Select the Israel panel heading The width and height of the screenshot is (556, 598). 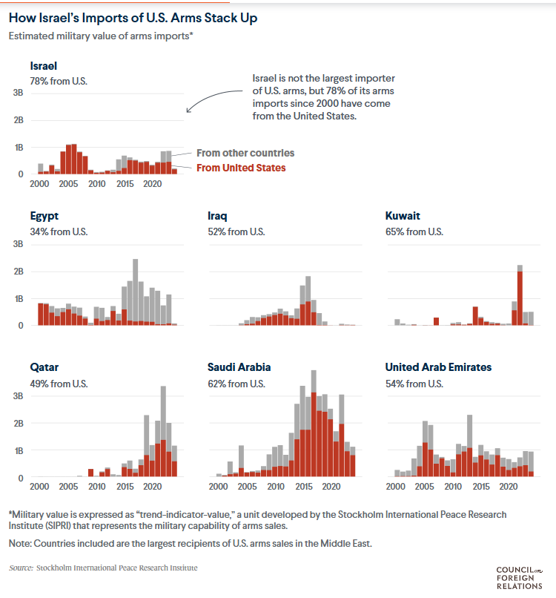click(43, 65)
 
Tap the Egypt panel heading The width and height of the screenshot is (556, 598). click(44, 217)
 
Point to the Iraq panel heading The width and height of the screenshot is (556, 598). click(217, 217)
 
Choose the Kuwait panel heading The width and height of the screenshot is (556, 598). click(403, 217)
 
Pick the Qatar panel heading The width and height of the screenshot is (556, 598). click(44, 367)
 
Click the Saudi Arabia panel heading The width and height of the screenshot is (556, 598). click(239, 367)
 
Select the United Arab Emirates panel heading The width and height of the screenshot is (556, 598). click(438, 367)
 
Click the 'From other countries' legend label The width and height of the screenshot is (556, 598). click(245, 153)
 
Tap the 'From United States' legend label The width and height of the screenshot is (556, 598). click(241, 168)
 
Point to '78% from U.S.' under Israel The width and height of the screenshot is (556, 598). click(59, 80)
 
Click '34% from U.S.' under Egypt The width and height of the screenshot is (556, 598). click(59, 231)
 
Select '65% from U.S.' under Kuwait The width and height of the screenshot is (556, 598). click(414, 231)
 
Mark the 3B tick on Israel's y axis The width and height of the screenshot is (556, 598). click(17, 93)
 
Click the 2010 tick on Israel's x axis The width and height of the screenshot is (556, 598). click(96, 184)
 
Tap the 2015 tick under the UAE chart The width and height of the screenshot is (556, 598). click(480, 487)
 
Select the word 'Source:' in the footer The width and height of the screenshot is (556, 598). click(21, 568)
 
